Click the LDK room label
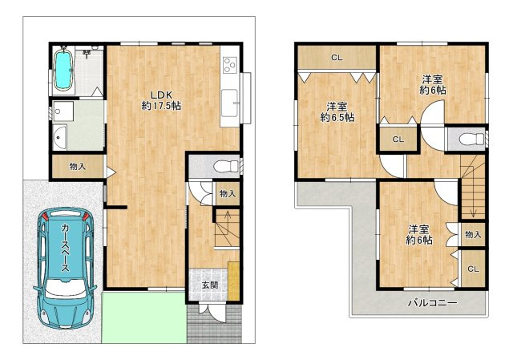161,95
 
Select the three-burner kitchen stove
230,64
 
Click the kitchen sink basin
230,103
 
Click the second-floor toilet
471,139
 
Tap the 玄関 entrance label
209,285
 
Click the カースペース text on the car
66,248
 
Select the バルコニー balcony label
432,303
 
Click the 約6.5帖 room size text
337,117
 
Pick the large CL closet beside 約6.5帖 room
337,58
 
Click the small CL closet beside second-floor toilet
398,140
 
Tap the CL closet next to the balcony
473,269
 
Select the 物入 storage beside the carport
78,167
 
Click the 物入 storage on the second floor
473,234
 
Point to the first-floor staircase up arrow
228,218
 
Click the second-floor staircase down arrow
473,204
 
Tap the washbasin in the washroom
59,138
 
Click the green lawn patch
144,318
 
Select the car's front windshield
66,288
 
